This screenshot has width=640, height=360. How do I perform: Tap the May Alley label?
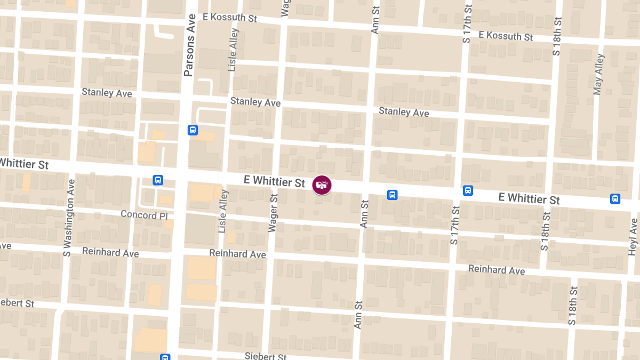pos(599,74)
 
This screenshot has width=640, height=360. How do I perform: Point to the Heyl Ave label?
pos(633,235)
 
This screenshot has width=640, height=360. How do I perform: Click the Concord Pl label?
pos(144,214)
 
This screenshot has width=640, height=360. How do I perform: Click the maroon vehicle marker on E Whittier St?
pos(322,185)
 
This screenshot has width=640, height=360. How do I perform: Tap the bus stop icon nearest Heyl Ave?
pos(615,199)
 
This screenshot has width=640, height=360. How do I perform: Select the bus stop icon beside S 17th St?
pos(468,190)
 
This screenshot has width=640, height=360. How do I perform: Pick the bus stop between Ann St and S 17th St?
pos(392,195)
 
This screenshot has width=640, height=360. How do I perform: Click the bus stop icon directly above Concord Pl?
pos(158,180)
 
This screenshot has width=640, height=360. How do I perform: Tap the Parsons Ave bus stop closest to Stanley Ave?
pos(193,130)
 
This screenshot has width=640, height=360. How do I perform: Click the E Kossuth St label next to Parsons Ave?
pos(230,17)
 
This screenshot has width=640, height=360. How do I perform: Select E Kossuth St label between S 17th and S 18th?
pos(506,36)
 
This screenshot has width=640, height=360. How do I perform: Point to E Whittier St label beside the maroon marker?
pos(274,181)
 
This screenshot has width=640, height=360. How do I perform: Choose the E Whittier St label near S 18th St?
pos(529,198)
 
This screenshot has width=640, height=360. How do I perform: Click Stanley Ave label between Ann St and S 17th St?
pos(404,112)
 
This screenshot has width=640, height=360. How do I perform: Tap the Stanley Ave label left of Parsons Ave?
pos(107,93)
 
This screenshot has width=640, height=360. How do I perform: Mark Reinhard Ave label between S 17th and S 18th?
pos(497,269)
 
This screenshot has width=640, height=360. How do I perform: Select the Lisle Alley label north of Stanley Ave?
pos(233,50)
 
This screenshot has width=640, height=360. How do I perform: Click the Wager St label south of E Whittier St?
pos(273,213)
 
